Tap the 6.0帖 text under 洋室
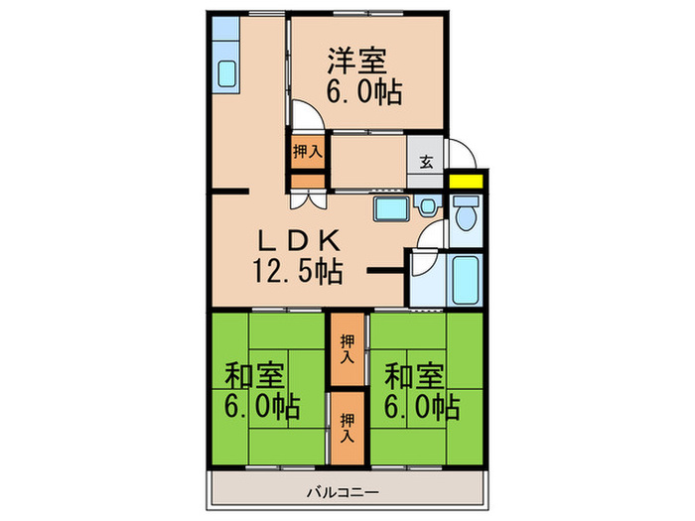point(363,93)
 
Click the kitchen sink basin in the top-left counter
point(226,74)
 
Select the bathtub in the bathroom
point(465,280)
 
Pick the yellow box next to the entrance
point(463,182)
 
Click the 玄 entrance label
point(425,162)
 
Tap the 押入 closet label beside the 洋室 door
point(306,152)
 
